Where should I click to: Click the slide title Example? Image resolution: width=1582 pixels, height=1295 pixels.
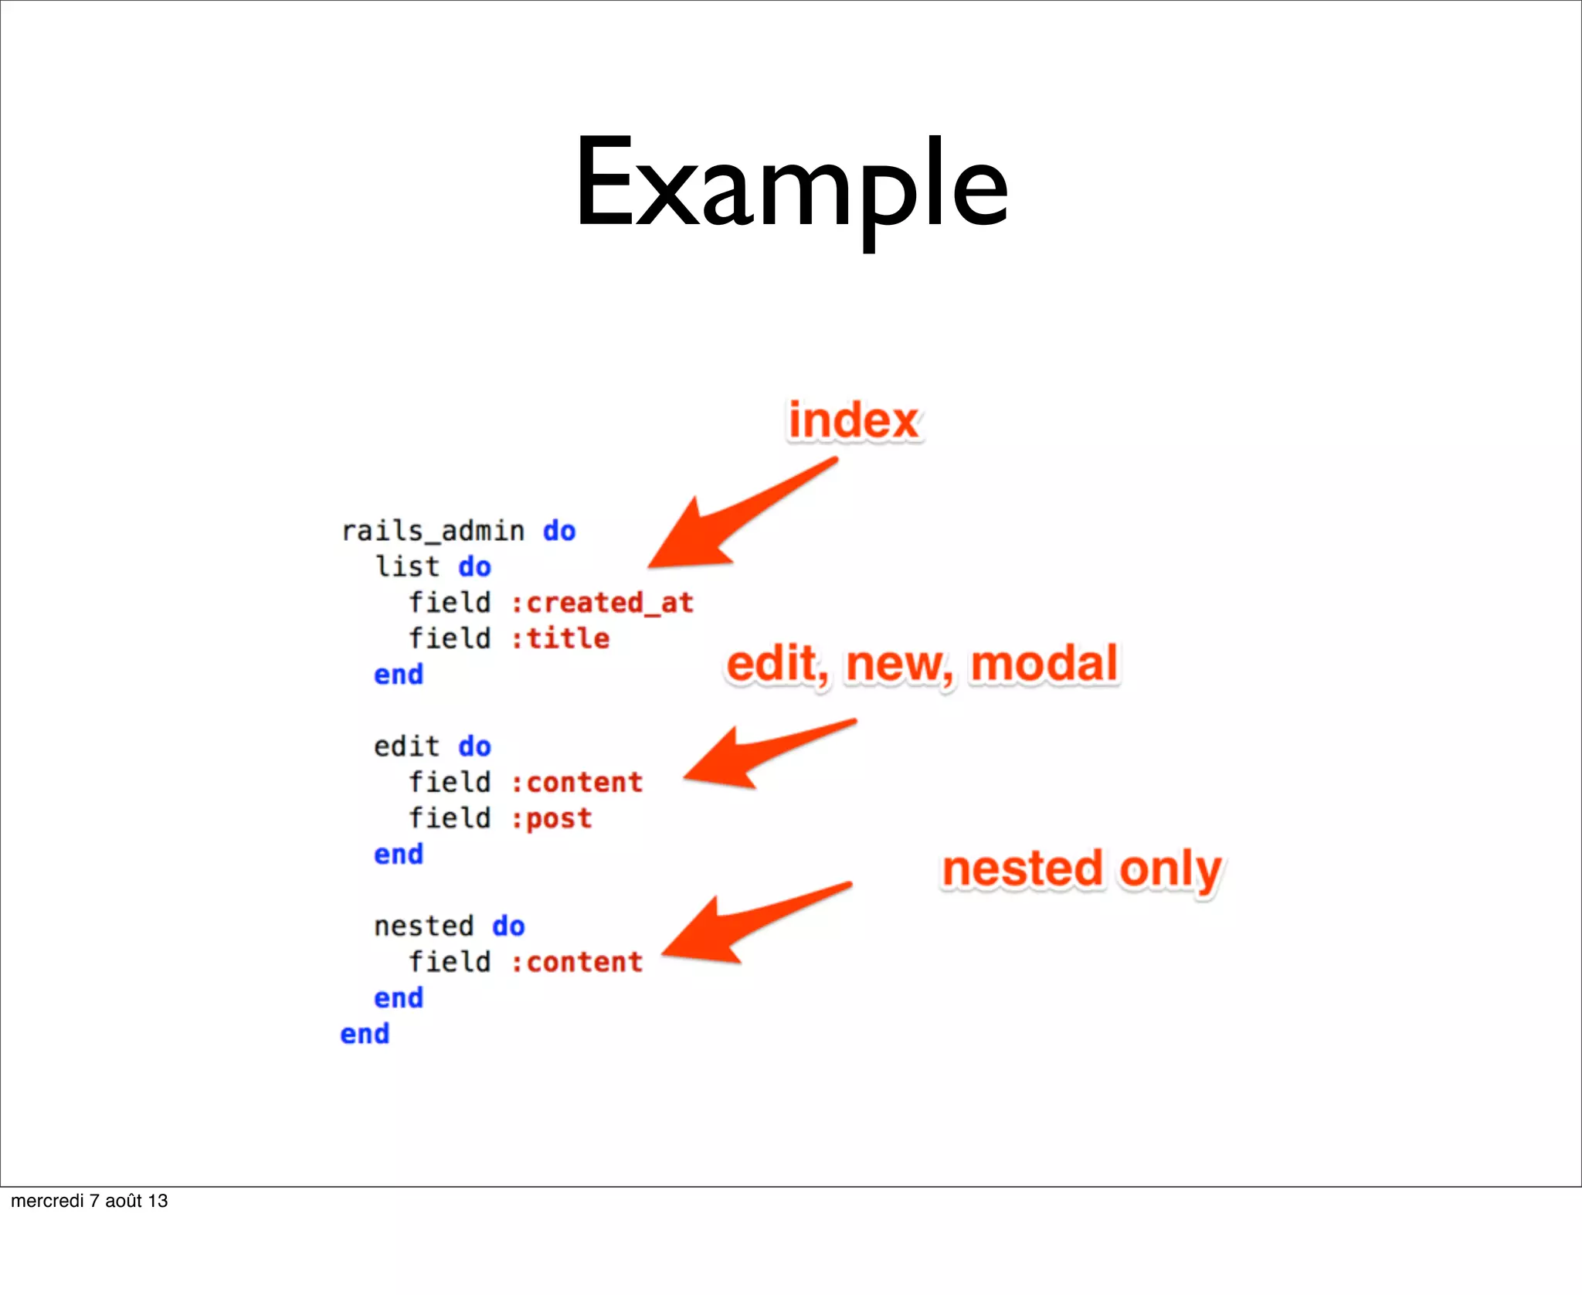791,185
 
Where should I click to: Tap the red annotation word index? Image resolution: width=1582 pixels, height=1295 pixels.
854,421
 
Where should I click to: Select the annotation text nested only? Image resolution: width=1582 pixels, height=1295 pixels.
1081,869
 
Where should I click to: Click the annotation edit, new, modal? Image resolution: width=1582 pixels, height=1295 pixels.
922,664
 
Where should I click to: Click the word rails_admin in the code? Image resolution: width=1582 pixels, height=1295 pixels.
433,531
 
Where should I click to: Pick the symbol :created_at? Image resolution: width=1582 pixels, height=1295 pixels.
603,603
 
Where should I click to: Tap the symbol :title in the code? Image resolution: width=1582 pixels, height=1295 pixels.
561,638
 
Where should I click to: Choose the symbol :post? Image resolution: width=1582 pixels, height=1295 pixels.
552,818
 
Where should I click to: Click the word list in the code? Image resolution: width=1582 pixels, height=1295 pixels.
407,566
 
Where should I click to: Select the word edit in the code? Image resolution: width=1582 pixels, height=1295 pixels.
406,746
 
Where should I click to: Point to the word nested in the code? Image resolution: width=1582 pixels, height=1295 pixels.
423,926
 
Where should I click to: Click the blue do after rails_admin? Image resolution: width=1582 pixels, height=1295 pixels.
559,531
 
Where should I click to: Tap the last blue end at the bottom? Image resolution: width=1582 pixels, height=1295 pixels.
365,1034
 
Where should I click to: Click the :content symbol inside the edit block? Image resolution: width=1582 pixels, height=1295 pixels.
577,783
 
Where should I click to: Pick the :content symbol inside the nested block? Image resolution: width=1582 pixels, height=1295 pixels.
577,962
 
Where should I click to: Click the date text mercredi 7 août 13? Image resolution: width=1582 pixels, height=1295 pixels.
89,1201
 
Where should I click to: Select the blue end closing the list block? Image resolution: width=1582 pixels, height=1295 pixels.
399,675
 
